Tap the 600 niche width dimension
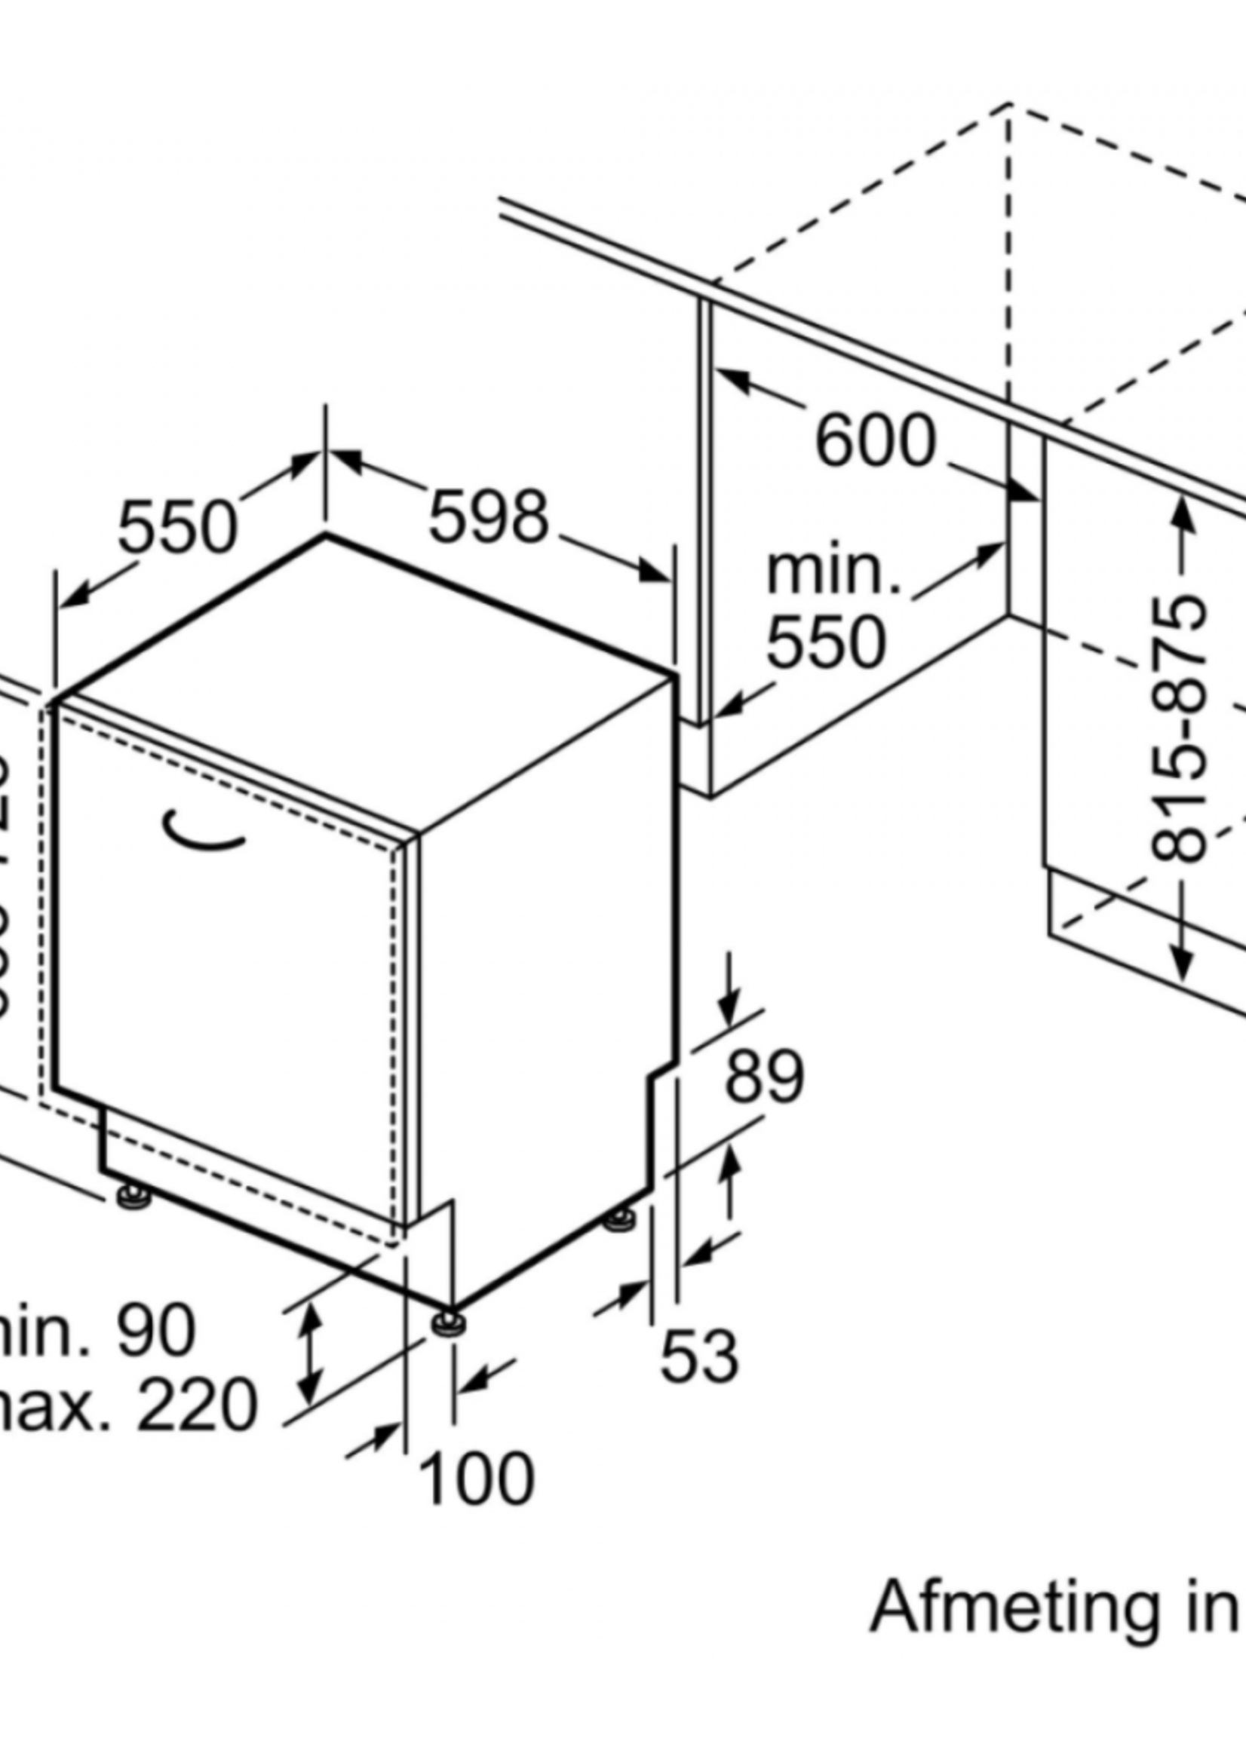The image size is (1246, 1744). [876, 441]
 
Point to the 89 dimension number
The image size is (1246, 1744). [764, 1077]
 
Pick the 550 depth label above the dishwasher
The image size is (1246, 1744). [177, 527]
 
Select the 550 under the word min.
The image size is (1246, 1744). [827, 642]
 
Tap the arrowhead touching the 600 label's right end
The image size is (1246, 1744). [1023, 489]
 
